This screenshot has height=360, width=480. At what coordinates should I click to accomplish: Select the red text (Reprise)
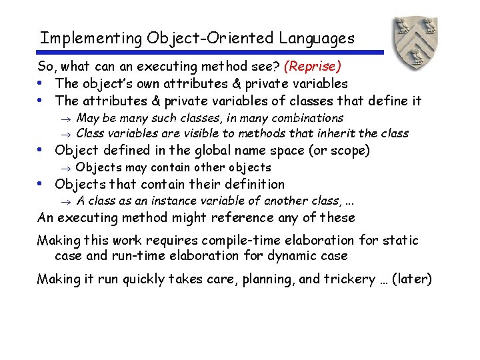pyautogui.click(x=313, y=67)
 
